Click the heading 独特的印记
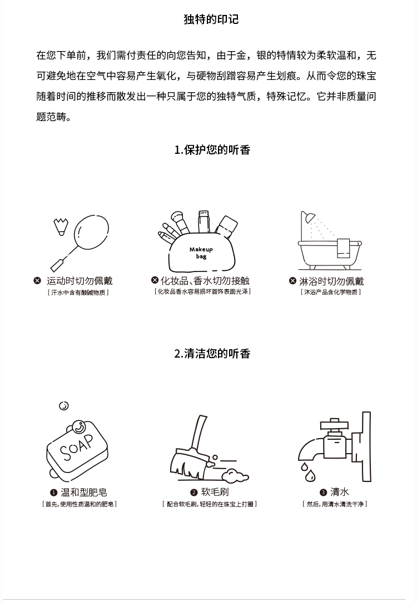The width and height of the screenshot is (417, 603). point(211,19)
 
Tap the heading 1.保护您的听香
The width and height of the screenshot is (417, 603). point(212,149)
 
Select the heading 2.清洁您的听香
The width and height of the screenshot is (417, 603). point(212,354)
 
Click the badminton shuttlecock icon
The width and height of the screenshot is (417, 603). point(61,227)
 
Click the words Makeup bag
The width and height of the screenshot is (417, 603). point(201,253)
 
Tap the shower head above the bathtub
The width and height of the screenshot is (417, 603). point(308,217)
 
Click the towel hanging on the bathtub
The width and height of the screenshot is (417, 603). point(343,249)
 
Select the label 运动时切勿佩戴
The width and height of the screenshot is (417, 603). point(80,281)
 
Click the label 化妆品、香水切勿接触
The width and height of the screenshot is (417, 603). point(205,281)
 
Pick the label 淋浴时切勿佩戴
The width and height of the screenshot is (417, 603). point(331,282)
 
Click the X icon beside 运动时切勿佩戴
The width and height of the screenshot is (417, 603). point(37,281)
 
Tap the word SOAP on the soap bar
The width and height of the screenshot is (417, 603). point(77,447)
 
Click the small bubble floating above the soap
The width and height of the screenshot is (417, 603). point(64,406)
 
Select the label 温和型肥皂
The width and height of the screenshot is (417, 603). point(83,493)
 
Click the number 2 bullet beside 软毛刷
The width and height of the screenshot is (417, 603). point(194,493)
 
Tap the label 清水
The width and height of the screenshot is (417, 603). point(340,492)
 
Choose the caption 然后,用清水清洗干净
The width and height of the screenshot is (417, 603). point(335,504)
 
